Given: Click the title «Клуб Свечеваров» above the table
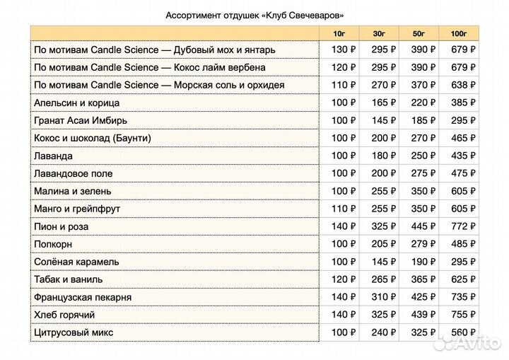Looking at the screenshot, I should coord(255,15).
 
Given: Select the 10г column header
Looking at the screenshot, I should coord(339,33).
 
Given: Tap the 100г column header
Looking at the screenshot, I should coord(458,33).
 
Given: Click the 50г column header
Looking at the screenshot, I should coord(419,33).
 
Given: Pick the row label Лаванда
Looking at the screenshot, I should coord(53,156).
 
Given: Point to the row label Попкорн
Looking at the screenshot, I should coord(54,244).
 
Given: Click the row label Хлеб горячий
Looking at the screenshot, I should coord(64,315).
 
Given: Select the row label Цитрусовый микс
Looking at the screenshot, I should coord(74,332).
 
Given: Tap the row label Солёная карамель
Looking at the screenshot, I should coord(76,262).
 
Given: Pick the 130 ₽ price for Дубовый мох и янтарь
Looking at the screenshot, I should coord(344,50).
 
